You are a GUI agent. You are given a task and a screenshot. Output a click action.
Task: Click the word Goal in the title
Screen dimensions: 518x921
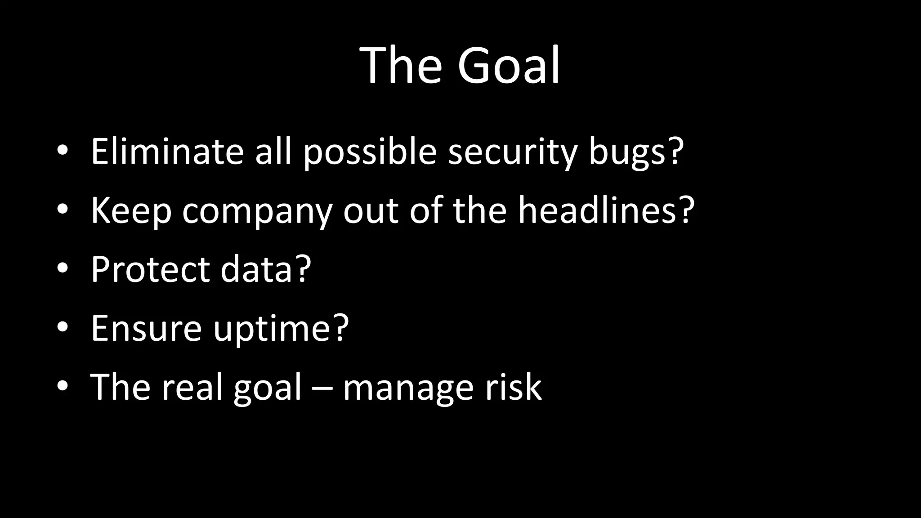pos(508,66)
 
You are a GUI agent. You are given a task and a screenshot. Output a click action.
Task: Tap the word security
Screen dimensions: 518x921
pos(513,152)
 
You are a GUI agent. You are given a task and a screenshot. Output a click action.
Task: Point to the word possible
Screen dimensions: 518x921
pos(370,152)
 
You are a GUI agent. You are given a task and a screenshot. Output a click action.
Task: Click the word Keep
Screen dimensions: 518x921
pos(131,210)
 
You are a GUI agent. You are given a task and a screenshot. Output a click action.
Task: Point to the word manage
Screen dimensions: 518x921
pos(408,388)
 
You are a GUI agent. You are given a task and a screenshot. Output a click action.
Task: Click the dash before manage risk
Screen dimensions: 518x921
pos(322,388)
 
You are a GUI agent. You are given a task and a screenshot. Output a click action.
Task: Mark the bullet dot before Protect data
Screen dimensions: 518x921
pos(63,268)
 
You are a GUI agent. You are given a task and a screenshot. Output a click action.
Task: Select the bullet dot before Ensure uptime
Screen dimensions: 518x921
pos(63,327)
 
